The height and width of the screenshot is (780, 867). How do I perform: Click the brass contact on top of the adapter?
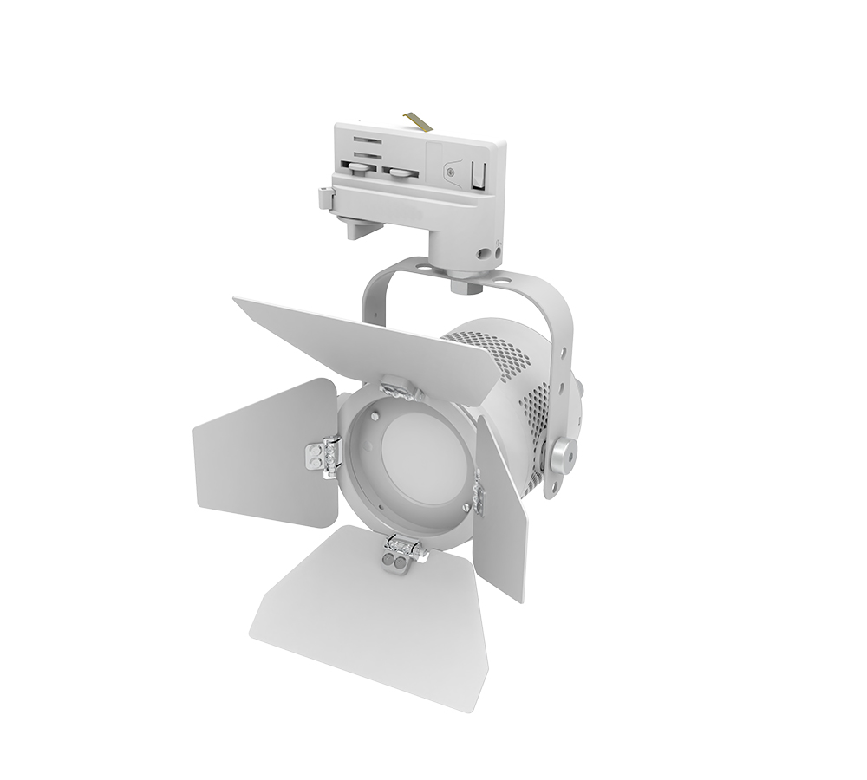420,121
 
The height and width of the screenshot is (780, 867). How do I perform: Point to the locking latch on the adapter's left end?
325,198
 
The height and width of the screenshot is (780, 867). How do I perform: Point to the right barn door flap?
503,511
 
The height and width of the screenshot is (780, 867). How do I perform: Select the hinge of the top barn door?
400,387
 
